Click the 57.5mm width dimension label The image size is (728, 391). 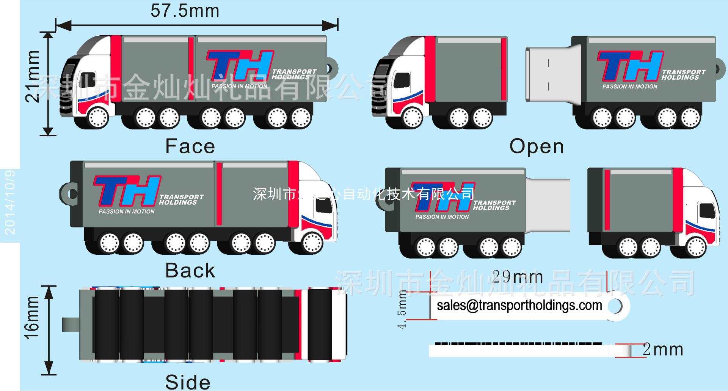coord(185,11)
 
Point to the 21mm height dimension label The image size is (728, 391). coord(33,76)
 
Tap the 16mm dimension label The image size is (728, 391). coord(32,318)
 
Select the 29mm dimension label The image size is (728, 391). coord(517,277)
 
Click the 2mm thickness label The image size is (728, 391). coord(663,350)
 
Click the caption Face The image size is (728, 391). coord(190,146)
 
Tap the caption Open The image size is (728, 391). coord(537,146)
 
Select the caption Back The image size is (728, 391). coord(190,270)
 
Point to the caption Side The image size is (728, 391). coord(188,382)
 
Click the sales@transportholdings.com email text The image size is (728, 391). coord(519,305)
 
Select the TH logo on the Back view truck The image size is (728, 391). coord(127,190)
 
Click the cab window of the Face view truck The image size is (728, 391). coord(88,80)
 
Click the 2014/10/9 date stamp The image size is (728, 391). coord(10,202)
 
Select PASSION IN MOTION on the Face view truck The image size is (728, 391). coord(239,86)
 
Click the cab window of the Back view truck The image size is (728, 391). coord(323,205)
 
